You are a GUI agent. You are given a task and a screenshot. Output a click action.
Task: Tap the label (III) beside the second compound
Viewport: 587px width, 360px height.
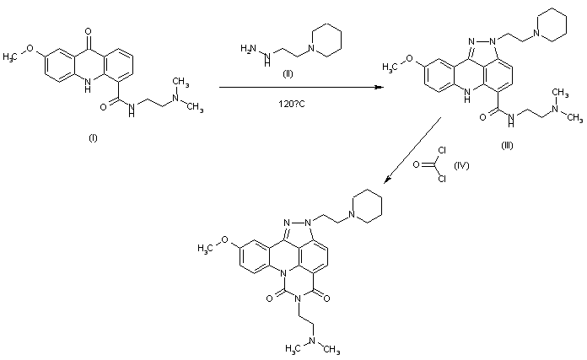[507, 145]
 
